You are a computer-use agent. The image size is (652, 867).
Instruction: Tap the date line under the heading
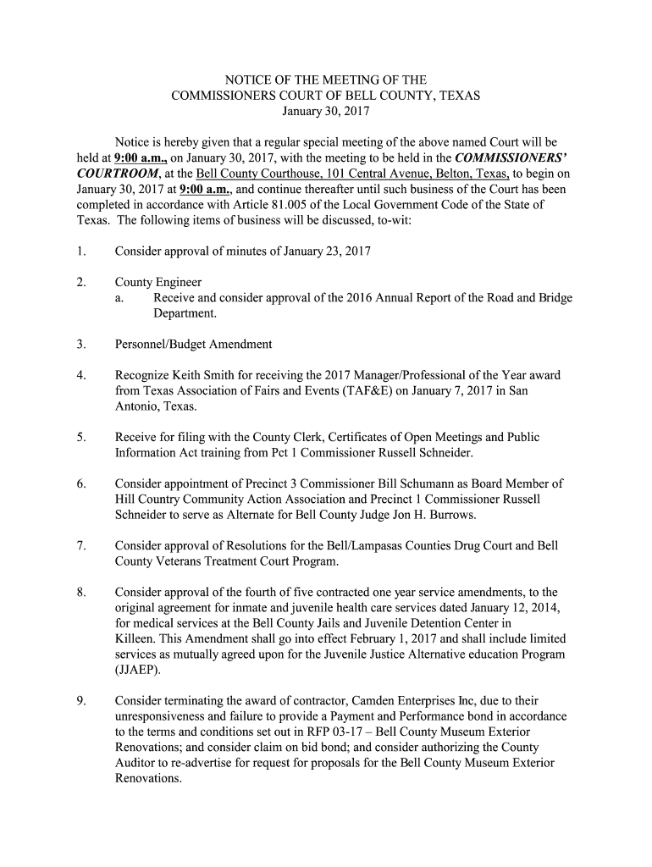[326, 111]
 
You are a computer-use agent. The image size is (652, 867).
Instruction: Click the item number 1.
[80, 251]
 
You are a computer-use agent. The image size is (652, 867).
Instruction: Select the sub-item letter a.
[121, 298]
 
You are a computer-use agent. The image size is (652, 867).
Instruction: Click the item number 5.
[80, 438]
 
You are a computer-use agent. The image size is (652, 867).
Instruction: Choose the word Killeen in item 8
[135, 638]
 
